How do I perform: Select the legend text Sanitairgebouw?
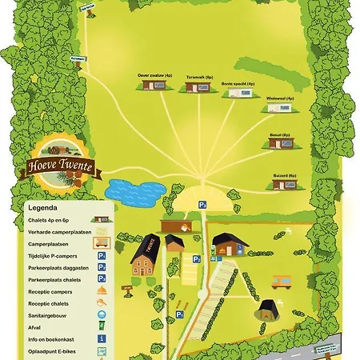point(41,315)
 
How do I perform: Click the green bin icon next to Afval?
point(102,326)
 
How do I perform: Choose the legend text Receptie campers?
point(41,291)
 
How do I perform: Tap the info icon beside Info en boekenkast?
point(102,338)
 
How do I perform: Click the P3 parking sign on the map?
point(202,206)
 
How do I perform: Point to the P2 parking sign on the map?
point(196,258)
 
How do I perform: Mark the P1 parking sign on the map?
point(179,314)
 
